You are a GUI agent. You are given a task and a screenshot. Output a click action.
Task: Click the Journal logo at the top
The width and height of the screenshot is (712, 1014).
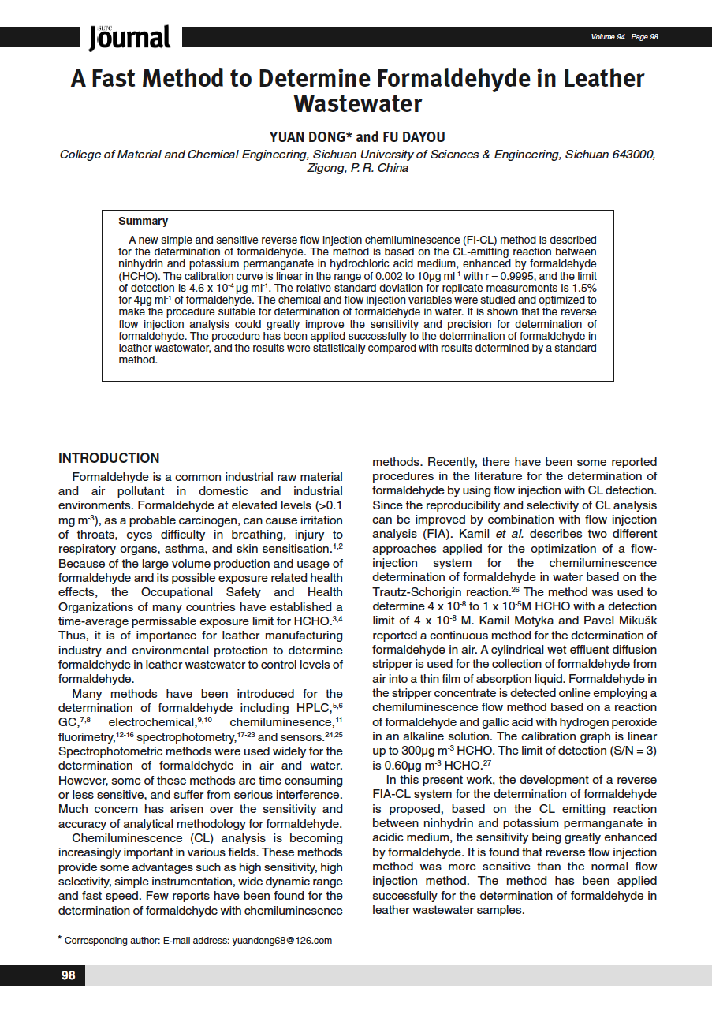pyautogui.click(x=129, y=37)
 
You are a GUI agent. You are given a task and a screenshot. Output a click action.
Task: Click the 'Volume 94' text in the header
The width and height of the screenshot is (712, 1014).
pyautogui.click(x=607, y=37)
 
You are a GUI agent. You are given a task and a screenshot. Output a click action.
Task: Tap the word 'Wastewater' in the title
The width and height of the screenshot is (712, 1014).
pyautogui.click(x=357, y=104)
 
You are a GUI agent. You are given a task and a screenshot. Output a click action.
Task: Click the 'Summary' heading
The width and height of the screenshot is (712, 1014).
pyautogui.click(x=143, y=222)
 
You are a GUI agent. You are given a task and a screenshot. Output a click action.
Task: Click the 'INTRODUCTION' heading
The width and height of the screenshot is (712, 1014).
pyautogui.click(x=109, y=458)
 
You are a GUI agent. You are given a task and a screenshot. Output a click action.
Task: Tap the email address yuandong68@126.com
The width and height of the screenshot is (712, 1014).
pyautogui.click(x=281, y=940)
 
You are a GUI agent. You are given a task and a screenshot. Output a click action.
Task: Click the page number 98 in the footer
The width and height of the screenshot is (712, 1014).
pyautogui.click(x=69, y=975)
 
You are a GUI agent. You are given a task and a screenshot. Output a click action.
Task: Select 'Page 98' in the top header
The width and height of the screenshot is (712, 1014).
pyautogui.click(x=644, y=37)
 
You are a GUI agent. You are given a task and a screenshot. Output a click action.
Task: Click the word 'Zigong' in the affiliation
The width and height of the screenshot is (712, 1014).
pyautogui.click(x=325, y=167)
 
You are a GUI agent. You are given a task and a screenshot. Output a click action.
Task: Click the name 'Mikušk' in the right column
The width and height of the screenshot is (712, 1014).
pyautogui.click(x=637, y=621)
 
